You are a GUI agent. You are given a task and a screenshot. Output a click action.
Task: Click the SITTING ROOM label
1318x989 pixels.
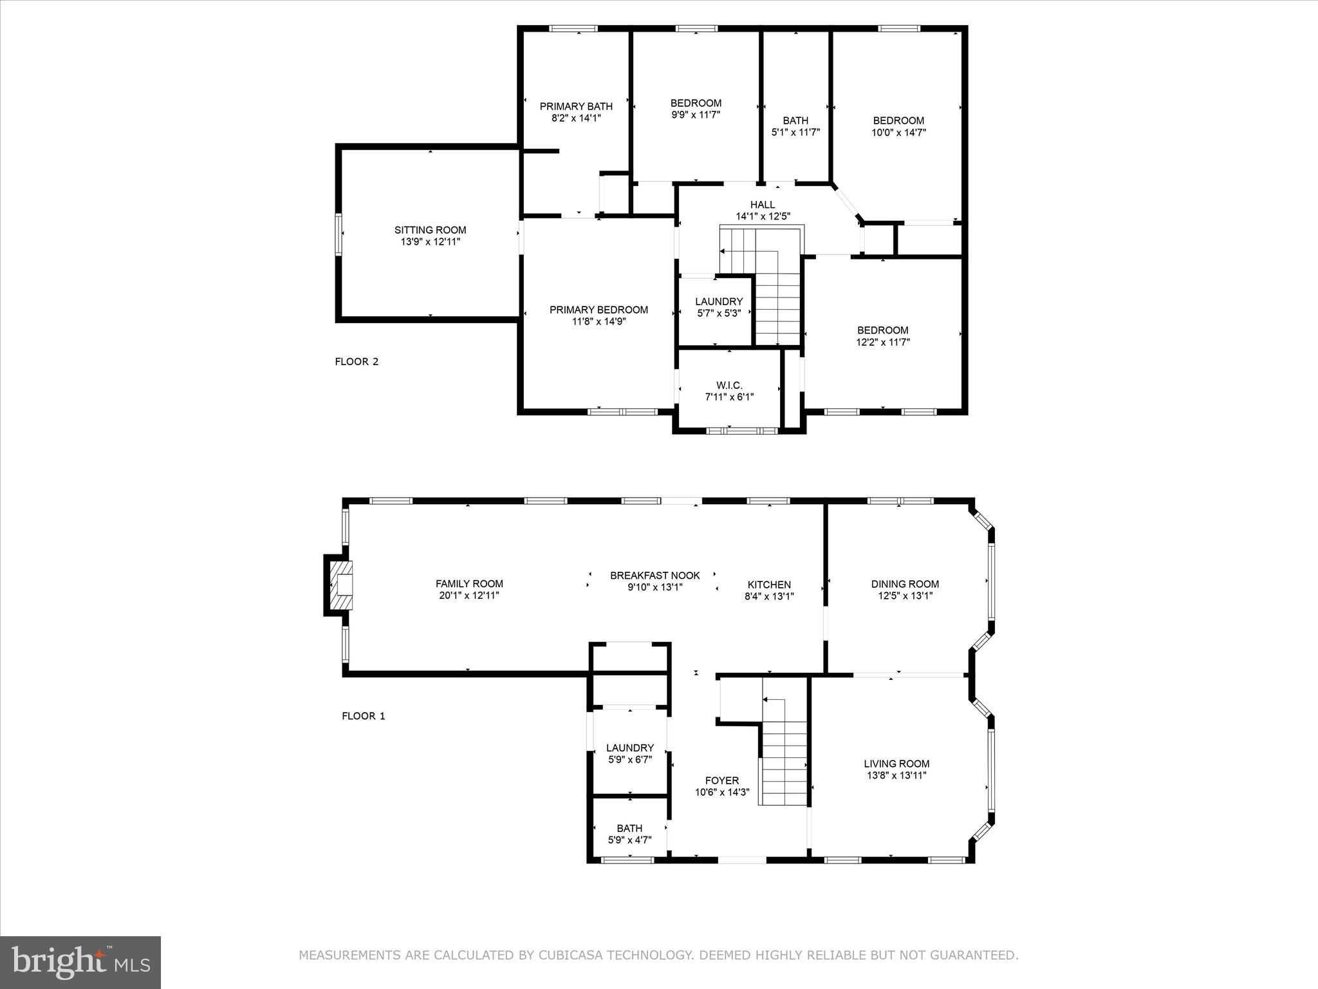click(x=430, y=230)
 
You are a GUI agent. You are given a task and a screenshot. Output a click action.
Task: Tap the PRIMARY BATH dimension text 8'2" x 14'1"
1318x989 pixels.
click(x=576, y=118)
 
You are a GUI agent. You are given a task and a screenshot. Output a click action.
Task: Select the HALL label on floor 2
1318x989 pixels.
click(x=763, y=205)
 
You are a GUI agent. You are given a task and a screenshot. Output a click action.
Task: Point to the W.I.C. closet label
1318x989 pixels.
click(x=729, y=386)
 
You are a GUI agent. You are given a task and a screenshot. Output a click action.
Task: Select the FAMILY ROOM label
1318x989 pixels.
click(x=469, y=584)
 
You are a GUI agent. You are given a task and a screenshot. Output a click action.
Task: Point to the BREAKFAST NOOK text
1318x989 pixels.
click(x=654, y=576)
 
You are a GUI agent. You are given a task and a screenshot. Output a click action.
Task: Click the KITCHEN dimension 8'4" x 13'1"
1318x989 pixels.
click(x=769, y=597)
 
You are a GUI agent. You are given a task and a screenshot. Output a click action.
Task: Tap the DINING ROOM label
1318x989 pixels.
click(x=905, y=584)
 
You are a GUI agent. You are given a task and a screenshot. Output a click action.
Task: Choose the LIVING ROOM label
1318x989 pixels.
click(x=896, y=764)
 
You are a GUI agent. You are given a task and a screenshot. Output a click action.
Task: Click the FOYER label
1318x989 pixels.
click(x=722, y=780)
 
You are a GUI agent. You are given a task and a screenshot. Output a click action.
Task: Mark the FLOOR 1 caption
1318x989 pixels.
click(x=363, y=716)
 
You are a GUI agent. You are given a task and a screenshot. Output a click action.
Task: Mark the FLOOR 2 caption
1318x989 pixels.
click(x=357, y=362)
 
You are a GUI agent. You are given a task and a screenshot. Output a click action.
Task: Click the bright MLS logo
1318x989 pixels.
click(x=80, y=962)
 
